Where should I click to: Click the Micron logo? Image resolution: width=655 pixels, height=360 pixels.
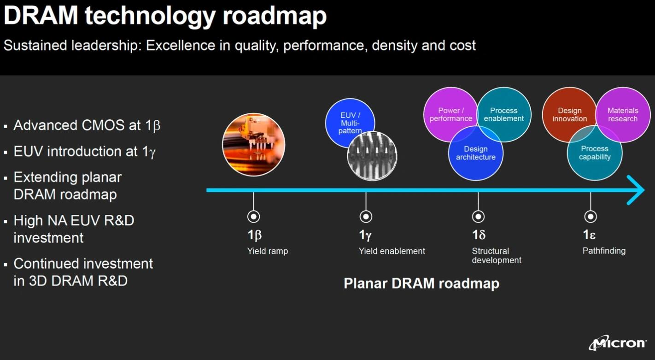tap(617, 343)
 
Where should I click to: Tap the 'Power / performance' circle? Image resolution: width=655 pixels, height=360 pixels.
tap(450, 114)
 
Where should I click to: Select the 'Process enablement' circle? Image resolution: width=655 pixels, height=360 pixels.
tap(504, 114)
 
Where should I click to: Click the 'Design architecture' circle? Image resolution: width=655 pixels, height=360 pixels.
tap(476, 153)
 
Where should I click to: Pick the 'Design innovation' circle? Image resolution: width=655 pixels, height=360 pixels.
tap(570, 114)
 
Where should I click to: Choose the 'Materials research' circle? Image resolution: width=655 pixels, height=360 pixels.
tap(623, 114)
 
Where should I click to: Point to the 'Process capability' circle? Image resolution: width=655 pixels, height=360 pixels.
tap(595, 153)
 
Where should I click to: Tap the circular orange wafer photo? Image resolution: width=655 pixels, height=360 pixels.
tap(254, 145)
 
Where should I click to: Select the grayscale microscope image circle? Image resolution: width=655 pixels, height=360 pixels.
tap(372, 156)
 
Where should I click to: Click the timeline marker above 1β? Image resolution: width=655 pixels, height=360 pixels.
tap(253, 217)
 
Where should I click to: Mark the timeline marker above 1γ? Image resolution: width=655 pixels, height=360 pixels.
tap(366, 217)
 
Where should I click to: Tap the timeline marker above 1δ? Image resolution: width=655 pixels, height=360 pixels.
tap(478, 217)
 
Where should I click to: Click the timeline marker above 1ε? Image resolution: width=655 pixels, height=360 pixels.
tap(591, 217)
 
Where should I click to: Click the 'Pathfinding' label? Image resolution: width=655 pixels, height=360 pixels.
tap(604, 251)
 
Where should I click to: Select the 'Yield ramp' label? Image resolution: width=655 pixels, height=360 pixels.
tap(268, 251)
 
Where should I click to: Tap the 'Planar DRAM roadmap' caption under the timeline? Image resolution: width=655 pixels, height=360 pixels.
tap(421, 283)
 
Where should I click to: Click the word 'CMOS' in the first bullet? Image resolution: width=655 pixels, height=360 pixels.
tap(103, 125)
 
